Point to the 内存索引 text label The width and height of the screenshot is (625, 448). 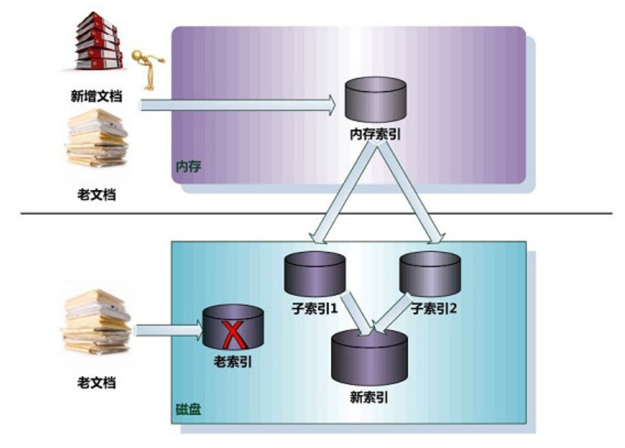pyautogui.click(x=376, y=135)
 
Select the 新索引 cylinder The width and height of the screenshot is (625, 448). pyautogui.click(x=369, y=356)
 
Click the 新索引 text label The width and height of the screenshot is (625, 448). pyautogui.click(x=369, y=398)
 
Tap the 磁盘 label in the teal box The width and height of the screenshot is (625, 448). pyautogui.click(x=188, y=408)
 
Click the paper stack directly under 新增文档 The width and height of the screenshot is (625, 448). pyautogui.click(x=97, y=140)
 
